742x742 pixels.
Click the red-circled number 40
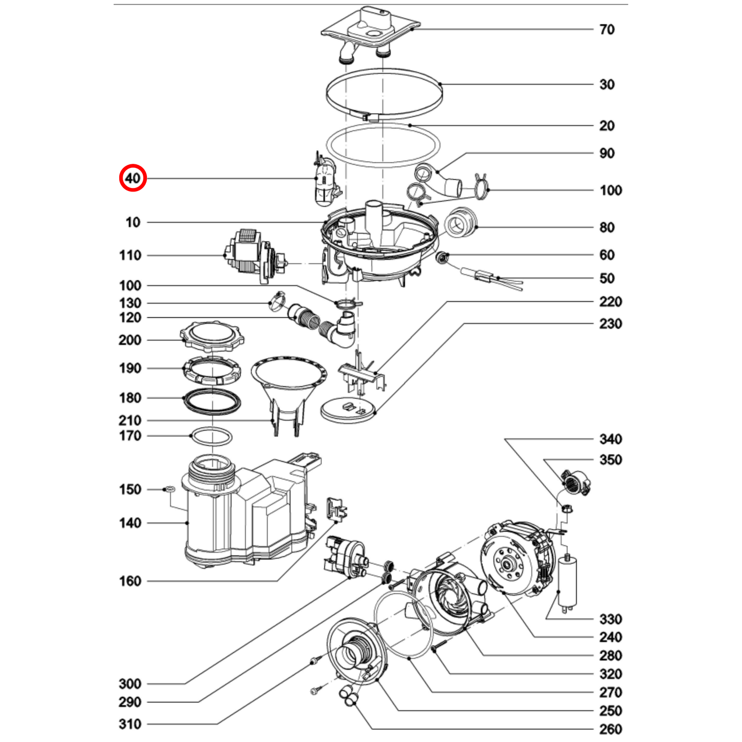pyautogui.click(x=132, y=178)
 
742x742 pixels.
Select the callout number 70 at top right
pyautogui.click(x=606, y=30)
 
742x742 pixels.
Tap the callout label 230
pyautogui.click(x=610, y=324)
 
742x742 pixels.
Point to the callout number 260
pyautogui.click(x=610, y=729)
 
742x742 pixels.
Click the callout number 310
pyautogui.click(x=130, y=724)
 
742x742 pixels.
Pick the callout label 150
pyautogui.click(x=130, y=489)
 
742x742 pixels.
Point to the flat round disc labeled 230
pyautogui.click(x=348, y=410)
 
